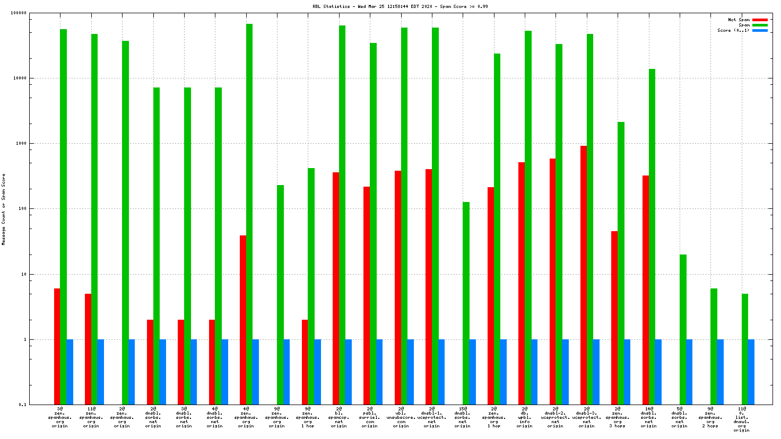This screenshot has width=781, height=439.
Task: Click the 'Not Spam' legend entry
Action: coord(739,20)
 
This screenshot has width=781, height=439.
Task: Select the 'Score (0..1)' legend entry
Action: coord(733,30)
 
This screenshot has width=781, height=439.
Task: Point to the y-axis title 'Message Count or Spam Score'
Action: coord(4,209)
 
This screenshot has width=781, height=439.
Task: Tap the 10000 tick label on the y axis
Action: coord(19,78)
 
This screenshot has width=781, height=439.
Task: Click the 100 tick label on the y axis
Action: coord(21,209)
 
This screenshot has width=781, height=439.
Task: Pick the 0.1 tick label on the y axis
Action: coord(22,405)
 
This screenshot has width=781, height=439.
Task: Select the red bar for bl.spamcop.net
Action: coord(336,288)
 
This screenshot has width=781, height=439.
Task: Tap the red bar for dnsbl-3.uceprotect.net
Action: coord(584,275)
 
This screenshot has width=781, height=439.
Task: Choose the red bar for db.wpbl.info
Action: coord(522,283)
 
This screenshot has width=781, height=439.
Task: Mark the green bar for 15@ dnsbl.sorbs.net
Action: coord(466,303)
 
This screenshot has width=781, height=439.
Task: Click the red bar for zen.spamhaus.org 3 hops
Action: coord(614,318)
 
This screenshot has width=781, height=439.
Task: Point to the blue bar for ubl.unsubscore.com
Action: coord(411,372)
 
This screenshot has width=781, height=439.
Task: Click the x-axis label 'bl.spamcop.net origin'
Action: coord(339,417)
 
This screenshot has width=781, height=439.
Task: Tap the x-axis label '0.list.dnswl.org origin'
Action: coord(742,419)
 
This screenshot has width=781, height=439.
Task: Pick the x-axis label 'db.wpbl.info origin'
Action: coord(524,417)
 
